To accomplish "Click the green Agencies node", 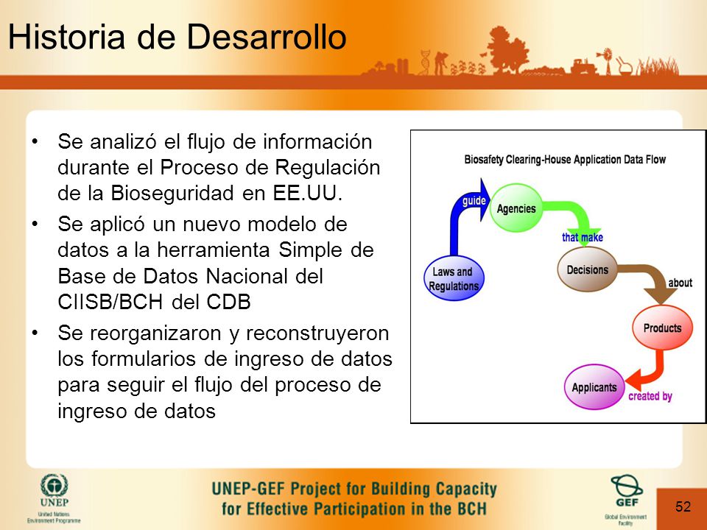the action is (516, 208).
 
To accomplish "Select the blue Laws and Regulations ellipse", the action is (454, 278).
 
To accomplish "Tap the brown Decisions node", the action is (587, 269).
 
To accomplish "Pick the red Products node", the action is (662, 328).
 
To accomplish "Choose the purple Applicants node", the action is (594, 387).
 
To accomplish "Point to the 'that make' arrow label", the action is (582, 237).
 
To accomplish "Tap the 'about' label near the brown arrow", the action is (680, 283).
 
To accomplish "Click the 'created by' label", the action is (650, 396).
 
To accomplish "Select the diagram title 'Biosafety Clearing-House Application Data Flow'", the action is (565, 160).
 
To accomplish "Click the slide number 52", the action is (683, 506).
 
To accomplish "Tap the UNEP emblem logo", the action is (54, 486).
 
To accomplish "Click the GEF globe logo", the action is (627, 485).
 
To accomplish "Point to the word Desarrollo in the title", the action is (267, 36).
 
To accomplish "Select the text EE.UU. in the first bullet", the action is (308, 193).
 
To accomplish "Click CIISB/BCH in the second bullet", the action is (110, 302).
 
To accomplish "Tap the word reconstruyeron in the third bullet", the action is (317, 333).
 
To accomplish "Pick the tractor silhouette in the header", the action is (584, 66).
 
